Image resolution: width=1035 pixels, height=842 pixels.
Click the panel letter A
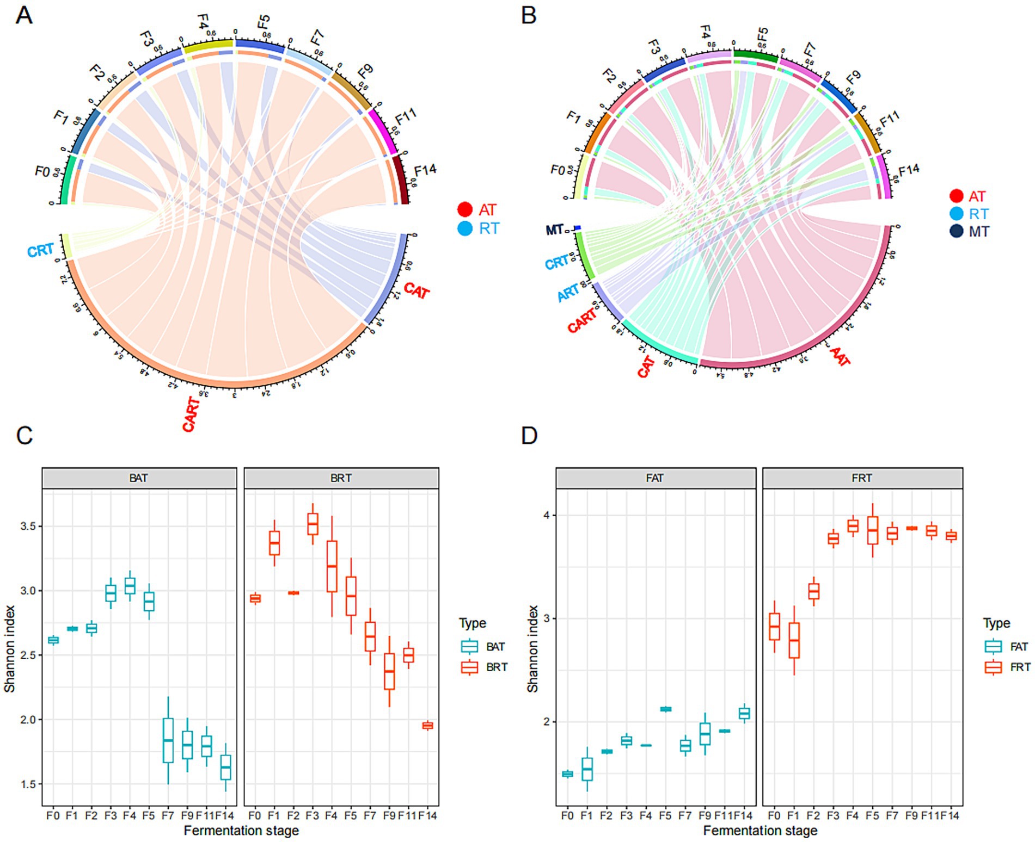tap(23, 16)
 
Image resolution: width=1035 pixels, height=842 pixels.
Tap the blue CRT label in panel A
tap(41, 251)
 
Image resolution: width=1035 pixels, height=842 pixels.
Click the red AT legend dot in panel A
tap(464, 209)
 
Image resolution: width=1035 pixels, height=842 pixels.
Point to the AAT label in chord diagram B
tap(840, 356)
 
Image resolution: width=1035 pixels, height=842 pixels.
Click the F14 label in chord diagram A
tap(425, 170)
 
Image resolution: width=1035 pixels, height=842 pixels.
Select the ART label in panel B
tap(568, 293)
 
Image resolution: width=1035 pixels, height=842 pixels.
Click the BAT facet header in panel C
tap(139, 478)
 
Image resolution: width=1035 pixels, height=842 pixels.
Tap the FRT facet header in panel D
tap(862, 478)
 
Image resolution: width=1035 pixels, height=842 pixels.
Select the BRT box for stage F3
tap(313, 524)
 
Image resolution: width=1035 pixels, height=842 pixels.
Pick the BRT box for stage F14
tap(428, 725)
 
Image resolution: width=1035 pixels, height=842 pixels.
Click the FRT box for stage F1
tap(794, 640)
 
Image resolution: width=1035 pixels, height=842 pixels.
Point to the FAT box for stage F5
tap(665, 709)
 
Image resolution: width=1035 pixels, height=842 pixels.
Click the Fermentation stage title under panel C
tap(241, 831)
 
